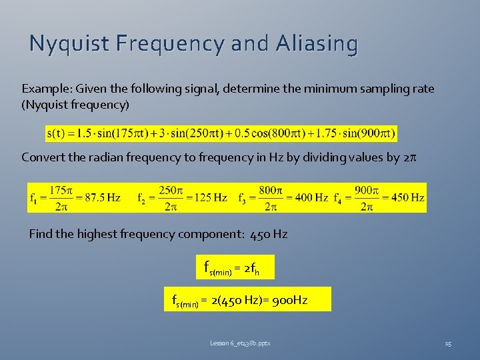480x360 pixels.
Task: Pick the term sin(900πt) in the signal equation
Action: pos(369,133)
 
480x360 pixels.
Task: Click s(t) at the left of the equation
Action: pos(56,133)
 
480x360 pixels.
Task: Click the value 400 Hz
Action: pos(310,198)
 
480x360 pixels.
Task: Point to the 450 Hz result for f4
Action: pos(407,198)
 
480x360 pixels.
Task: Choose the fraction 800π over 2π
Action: pos(270,198)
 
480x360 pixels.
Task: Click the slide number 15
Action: pos(448,343)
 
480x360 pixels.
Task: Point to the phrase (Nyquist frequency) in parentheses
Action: pos(75,105)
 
